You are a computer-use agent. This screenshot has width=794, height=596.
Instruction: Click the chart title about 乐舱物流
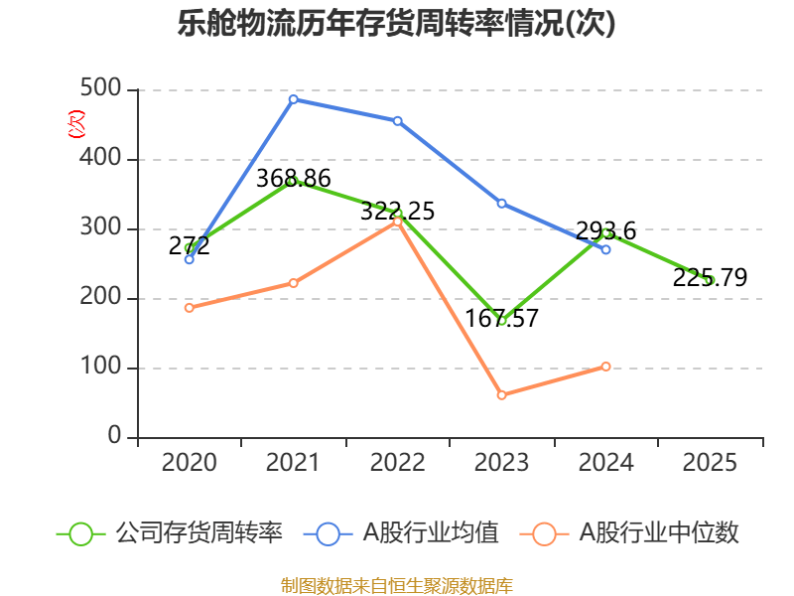coord(397,24)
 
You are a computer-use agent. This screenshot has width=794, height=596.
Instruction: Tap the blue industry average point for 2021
coord(294,99)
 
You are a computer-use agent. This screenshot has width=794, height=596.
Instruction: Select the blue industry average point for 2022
coord(398,121)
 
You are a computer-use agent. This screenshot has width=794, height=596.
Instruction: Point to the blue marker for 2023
coord(502,204)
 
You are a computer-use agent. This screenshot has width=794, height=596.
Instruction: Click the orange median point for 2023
coord(502,395)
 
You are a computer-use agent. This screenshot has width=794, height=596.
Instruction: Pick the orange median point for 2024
coord(606,367)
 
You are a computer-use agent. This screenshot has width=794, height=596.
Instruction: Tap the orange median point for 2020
coord(190,308)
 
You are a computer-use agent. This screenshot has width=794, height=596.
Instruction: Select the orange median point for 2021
coord(294,283)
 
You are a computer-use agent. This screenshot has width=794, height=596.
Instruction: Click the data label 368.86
coord(293,179)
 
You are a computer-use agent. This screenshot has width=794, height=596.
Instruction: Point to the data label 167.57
coord(502,319)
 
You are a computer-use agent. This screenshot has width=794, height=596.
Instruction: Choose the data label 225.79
coord(710,278)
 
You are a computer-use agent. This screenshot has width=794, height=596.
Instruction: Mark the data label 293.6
coord(605,231)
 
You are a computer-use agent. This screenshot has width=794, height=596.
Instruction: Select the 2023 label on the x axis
coord(502,463)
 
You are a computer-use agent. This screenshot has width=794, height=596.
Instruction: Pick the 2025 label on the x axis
coord(711,463)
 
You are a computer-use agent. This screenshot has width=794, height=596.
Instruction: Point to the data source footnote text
coord(397,585)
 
